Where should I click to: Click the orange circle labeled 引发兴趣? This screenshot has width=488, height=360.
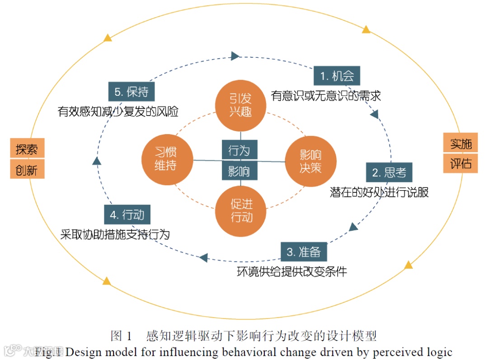point(240,105)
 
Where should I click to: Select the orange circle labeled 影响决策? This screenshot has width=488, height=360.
point(310,161)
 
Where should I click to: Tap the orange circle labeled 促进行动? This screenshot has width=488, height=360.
point(241,210)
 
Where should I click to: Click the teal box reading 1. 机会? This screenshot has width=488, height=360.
point(337,76)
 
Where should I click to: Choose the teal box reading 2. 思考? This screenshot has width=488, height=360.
point(389,172)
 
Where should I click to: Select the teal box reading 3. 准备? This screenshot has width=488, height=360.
point(304,252)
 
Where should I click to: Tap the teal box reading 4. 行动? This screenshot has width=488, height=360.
point(127,215)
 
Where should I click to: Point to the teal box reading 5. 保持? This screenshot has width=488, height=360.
point(131,92)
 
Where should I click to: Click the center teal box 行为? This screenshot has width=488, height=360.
point(239,150)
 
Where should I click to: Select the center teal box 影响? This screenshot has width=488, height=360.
point(239,171)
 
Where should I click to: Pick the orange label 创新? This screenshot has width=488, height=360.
point(27,170)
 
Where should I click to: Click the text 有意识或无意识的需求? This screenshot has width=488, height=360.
point(326,96)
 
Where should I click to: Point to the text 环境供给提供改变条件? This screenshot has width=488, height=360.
point(292,271)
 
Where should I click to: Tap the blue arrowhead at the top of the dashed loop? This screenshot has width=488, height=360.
point(235,56)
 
